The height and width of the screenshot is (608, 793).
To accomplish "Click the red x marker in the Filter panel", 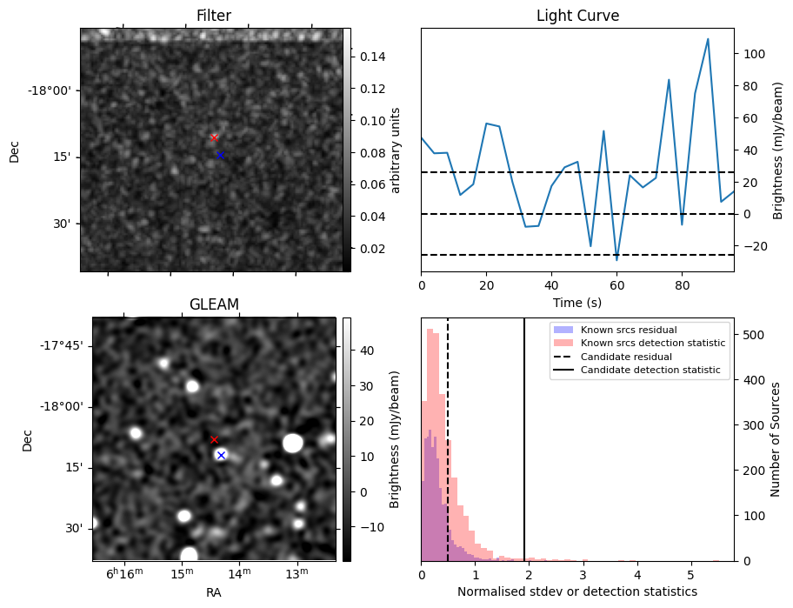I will [214, 137].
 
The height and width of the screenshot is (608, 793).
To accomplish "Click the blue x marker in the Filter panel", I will [220, 155].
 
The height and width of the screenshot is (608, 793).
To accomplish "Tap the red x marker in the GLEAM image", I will [214, 439].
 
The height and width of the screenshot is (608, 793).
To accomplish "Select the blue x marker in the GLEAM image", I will [221, 455].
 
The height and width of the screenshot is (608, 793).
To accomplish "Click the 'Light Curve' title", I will [577, 16].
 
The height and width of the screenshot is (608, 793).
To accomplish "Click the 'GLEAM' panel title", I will [214, 304].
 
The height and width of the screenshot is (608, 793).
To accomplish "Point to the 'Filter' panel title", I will [214, 16].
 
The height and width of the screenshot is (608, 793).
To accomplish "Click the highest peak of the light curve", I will [708, 39].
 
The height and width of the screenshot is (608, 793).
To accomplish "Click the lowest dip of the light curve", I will [616, 259].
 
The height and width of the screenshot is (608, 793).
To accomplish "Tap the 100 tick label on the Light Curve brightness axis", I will [753, 54].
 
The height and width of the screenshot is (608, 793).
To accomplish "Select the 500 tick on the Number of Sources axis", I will [755, 335].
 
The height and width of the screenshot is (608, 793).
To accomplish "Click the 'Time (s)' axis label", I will [577, 303].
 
